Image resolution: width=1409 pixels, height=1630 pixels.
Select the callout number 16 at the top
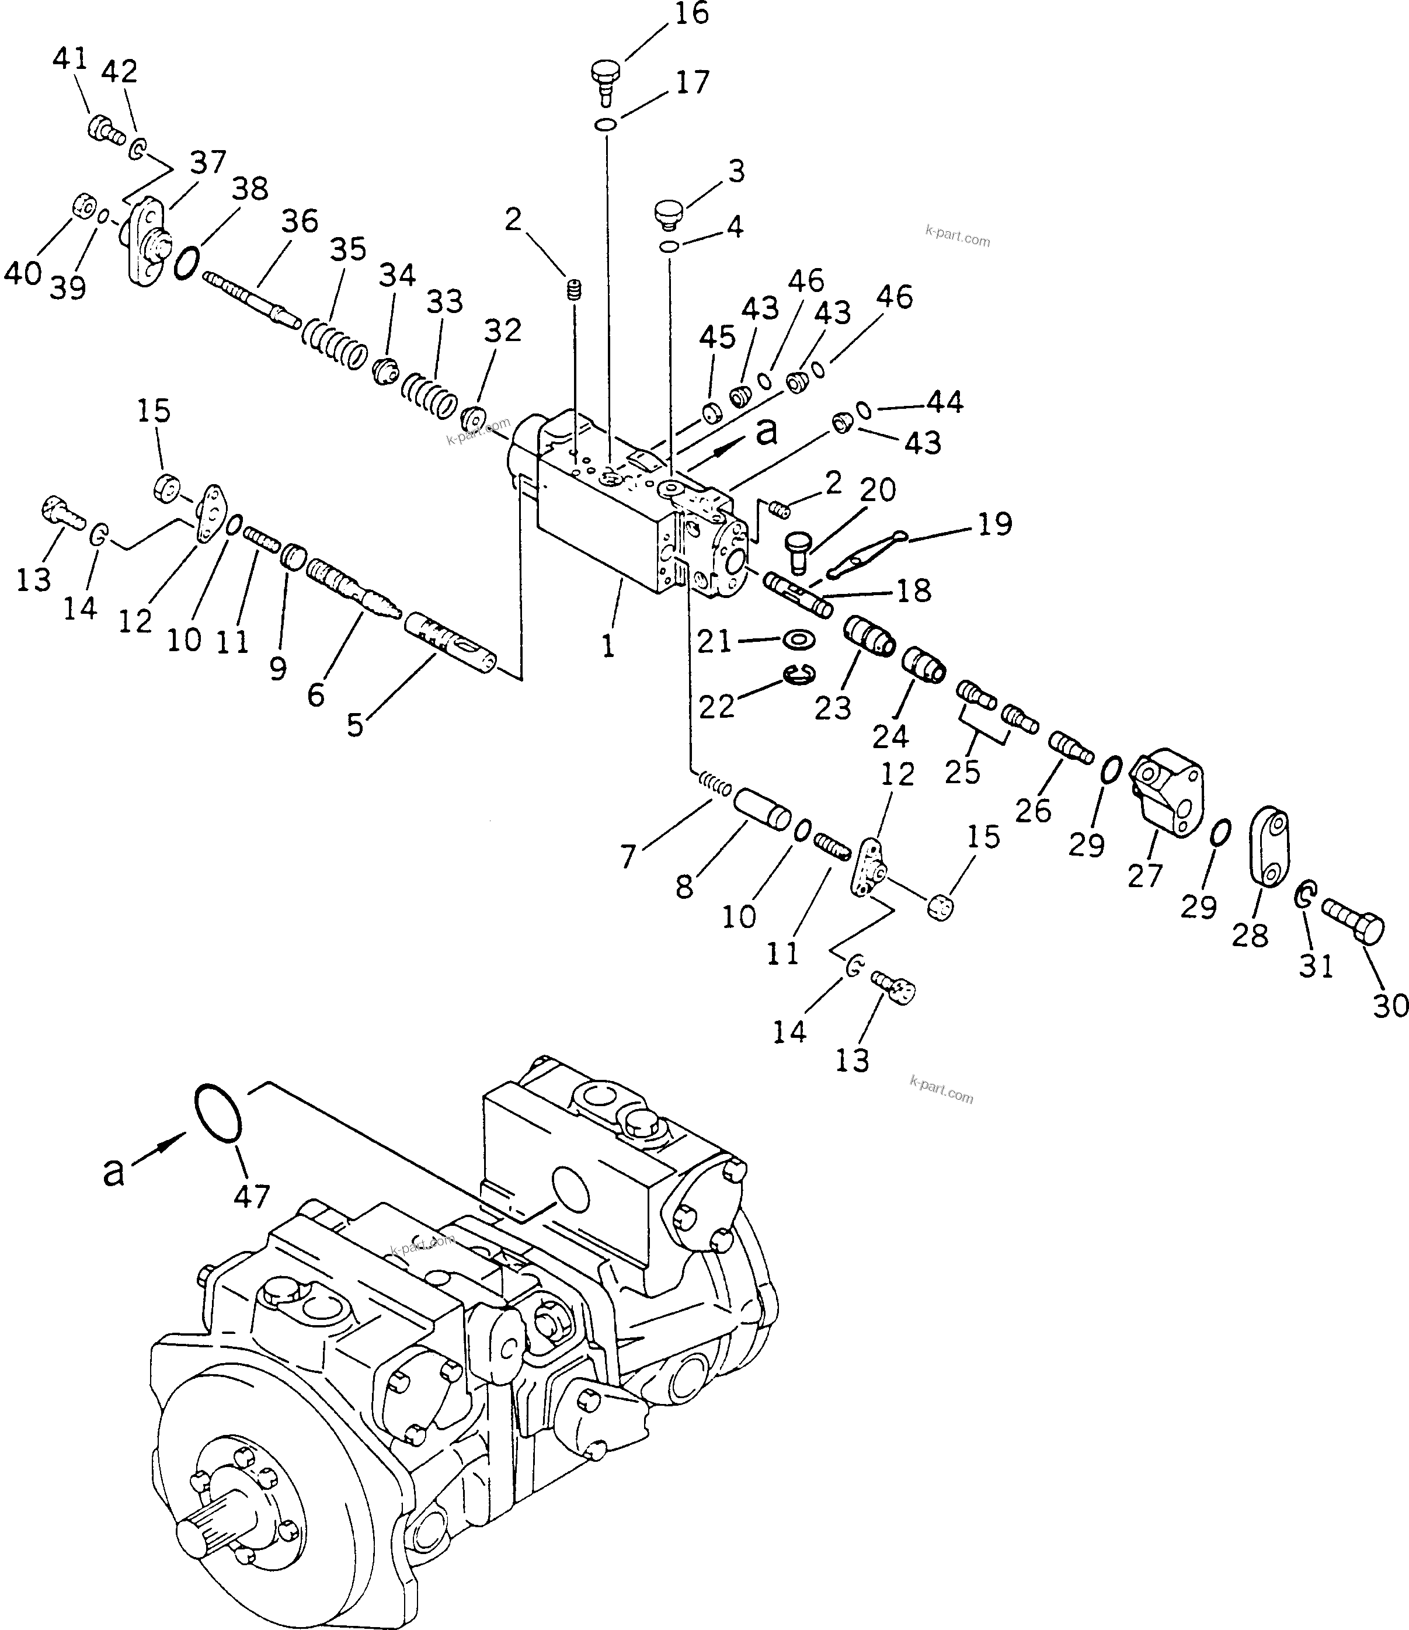(691, 13)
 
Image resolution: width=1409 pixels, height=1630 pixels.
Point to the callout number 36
(300, 221)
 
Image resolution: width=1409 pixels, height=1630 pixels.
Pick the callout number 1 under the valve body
(607, 646)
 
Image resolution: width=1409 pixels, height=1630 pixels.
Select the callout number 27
(1144, 875)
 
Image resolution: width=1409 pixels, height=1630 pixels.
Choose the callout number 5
(355, 725)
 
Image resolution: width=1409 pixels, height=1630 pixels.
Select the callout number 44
(945, 402)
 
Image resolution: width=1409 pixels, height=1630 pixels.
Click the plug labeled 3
(671, 213)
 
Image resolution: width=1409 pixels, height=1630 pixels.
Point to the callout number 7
(627, 857)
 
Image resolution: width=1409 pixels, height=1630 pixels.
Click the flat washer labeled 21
(799, 639)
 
